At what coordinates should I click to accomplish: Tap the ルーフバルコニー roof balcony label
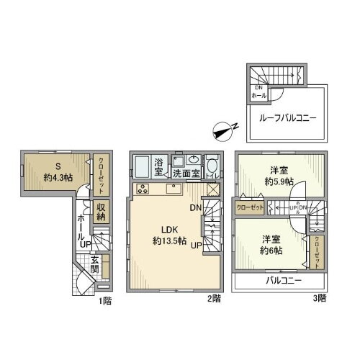282,118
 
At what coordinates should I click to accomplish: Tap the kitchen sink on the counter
173,189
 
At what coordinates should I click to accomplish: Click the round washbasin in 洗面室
194,161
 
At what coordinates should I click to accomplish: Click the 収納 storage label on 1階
102,210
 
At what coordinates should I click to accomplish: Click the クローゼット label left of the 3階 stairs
251,207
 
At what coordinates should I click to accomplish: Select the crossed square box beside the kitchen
212,190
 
